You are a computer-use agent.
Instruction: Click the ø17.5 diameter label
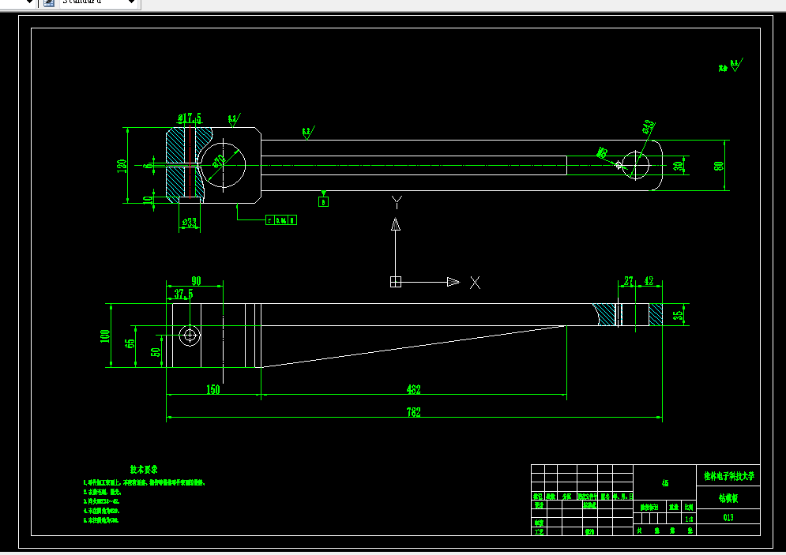tap(190, 118)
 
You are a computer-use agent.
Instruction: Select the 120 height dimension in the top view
tap(122, 166)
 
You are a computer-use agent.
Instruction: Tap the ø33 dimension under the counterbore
tap(189, 223)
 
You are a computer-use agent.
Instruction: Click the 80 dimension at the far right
tap(719, 165)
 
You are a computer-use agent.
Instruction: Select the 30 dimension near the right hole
tap(678, 166)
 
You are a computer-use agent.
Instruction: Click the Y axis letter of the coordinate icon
tap(397, 202)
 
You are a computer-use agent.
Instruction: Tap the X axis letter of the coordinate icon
tap(475, 282)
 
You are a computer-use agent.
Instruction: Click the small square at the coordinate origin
tap(396, 282)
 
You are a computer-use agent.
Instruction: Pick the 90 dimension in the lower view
tap(195, 281)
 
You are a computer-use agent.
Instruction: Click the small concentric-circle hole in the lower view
tap(189, 336)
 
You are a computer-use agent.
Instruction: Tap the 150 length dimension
tap(212, 389)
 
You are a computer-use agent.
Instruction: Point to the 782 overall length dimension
tap(413, 412)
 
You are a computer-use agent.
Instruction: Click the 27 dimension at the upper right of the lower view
tap(629, 281)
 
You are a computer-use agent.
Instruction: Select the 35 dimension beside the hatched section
tap(678, 315)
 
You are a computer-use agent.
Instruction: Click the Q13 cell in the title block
tap(728, 518)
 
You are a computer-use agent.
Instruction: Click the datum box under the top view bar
tap(323, 201)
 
